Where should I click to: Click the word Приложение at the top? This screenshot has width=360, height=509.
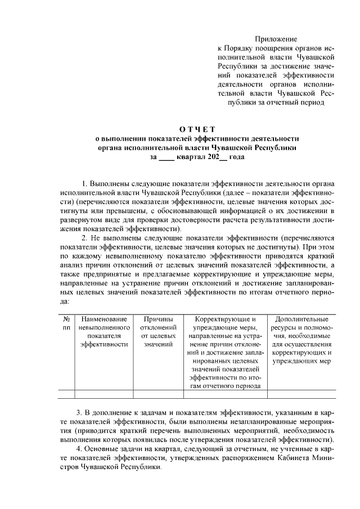pos(275,38)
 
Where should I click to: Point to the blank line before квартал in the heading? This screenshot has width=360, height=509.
pos(167,157)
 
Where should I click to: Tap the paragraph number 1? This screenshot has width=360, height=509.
pos(84,184)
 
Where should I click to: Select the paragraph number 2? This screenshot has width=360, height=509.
pos(84,238)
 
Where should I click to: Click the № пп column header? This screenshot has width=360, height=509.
pos(66,323)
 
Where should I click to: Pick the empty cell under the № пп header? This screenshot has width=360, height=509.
pos(66,394)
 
